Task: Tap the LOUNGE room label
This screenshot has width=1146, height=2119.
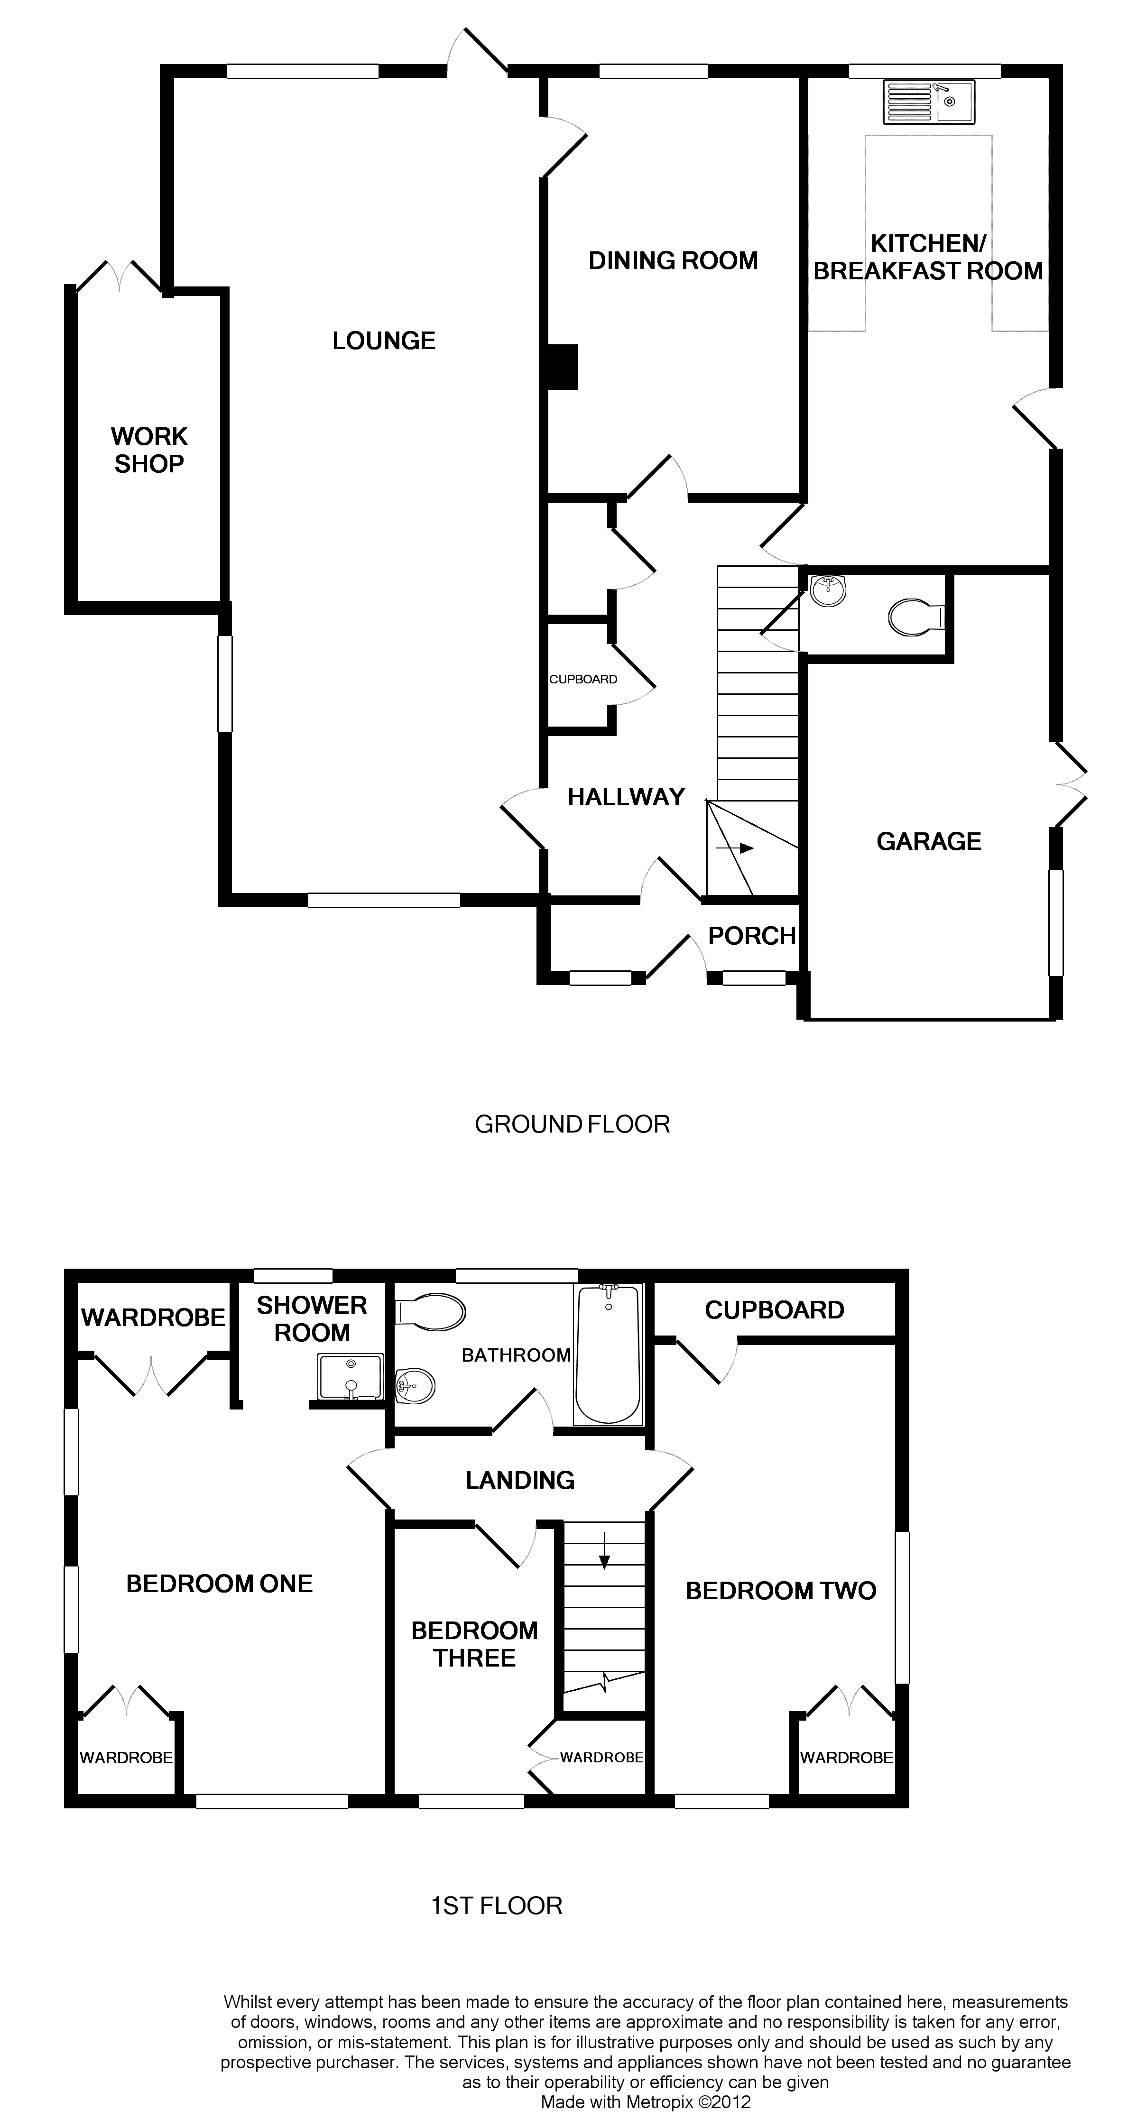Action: [383, 341]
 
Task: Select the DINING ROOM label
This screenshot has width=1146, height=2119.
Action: [673, 261]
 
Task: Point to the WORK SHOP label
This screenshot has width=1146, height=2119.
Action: [149, 450]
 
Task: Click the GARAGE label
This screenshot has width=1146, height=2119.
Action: [929, 841]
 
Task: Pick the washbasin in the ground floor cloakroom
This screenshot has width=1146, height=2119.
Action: [828, 590]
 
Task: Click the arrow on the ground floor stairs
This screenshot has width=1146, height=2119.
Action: [736, 848]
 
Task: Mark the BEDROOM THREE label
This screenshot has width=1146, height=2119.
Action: [475, 1644]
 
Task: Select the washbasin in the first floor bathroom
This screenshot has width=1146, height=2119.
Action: [416, 1387]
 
